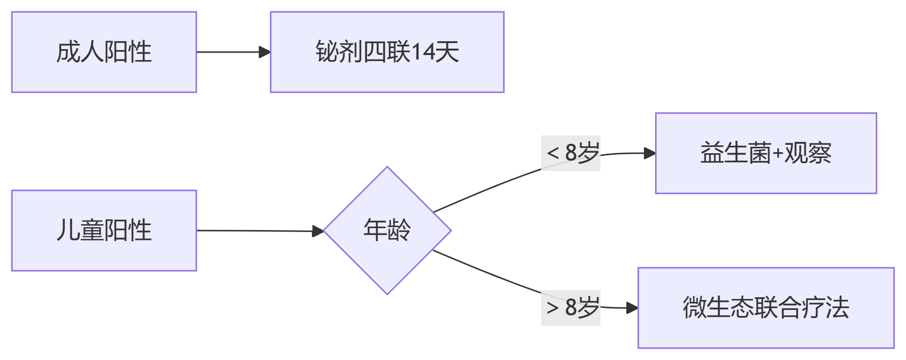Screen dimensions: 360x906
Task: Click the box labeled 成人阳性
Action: (x=104, y=52)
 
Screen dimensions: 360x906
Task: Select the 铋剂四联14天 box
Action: (x=387, y=52)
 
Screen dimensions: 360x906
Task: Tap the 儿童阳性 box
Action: (x=104, y=231)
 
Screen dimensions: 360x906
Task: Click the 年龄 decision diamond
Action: (x=387, y=231)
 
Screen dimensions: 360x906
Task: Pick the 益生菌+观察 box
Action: (x=766, y=153)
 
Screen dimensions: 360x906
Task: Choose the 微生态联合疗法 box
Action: (x=766, y=308)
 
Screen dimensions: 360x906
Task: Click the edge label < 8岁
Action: (x=571, y=153)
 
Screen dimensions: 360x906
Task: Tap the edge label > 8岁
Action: (x=571, y=308)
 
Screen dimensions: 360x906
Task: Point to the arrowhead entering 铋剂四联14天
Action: (x=265, y=52)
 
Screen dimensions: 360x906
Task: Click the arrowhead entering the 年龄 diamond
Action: (x=318, y=231)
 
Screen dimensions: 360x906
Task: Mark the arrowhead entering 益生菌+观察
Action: (x=650, y=153)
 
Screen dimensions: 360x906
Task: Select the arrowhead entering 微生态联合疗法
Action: (x=632, y=308)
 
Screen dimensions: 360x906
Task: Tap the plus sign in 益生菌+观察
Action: (x=777, y=154)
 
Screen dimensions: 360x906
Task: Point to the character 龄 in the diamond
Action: (x=399, y=231)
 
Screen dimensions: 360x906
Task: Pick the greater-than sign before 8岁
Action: (x=552, y=308)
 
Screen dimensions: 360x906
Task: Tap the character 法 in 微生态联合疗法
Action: (x=838, y=308)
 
